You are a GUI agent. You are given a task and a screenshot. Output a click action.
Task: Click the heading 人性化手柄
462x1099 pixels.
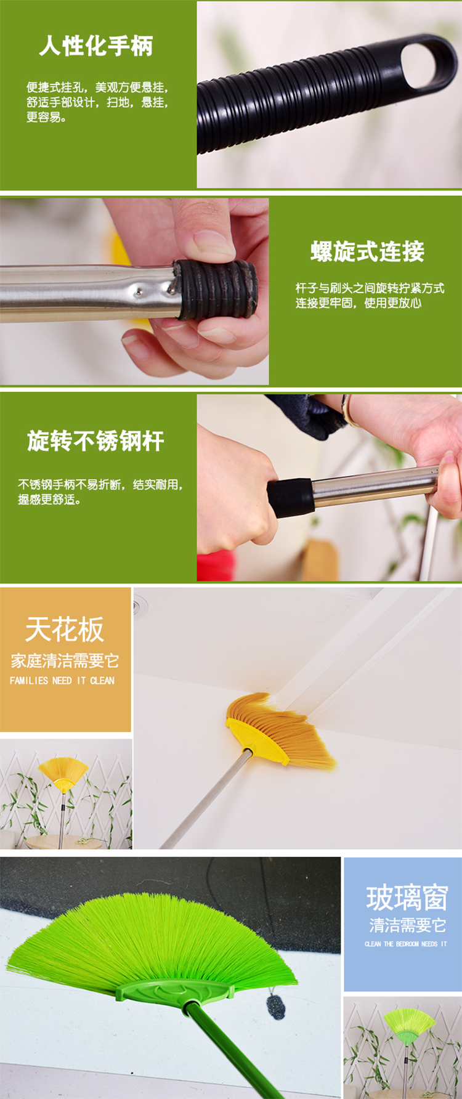96,46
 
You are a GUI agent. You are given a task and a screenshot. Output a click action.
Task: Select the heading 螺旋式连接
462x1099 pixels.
367,251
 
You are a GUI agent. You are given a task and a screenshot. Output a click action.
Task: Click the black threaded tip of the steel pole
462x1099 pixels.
215,289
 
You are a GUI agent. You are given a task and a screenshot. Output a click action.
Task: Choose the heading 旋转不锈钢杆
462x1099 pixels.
95,441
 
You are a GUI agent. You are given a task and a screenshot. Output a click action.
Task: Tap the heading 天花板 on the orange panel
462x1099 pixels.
65,630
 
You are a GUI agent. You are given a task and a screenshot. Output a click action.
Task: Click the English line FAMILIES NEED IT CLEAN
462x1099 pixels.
62,680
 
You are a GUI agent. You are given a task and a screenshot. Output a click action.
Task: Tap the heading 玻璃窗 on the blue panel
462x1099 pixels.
407,898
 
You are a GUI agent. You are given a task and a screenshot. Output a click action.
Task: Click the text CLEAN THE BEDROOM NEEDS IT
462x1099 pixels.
406,944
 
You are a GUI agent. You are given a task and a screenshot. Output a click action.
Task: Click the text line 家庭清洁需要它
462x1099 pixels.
65,661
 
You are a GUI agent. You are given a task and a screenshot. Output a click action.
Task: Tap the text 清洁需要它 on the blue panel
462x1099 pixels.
407,925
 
